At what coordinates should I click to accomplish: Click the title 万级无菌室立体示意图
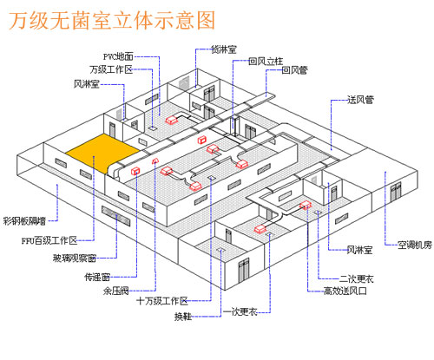tap(112, 20)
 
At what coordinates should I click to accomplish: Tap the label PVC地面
tap(118, 56)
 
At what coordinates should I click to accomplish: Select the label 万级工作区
tap(111, 69)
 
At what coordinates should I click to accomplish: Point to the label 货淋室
tap(224, 49)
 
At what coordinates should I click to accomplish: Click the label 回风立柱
tap(266, 62)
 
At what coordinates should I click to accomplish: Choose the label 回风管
tap(294, 70)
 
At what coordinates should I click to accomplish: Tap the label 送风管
tap(360, 100)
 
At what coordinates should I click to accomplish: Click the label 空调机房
tap(415, 245)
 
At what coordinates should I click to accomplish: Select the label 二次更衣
tap(357, 278)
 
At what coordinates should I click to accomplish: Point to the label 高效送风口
tap(345, 291)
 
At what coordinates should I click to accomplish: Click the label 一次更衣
tap(240, 312)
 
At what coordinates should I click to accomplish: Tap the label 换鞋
tap(183, 317)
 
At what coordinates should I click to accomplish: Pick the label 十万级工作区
tap(162, 301)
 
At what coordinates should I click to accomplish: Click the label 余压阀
tap(115, 291)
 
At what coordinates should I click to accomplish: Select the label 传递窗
tap(97, 277)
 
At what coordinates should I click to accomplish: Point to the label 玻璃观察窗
tap(75, 258)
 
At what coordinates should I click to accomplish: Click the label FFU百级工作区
tap(49, 240)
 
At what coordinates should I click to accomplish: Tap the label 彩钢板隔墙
tap(24, 221)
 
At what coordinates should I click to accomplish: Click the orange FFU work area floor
tap(102, 153)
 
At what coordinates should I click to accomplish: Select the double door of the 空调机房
tap(396, 192)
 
